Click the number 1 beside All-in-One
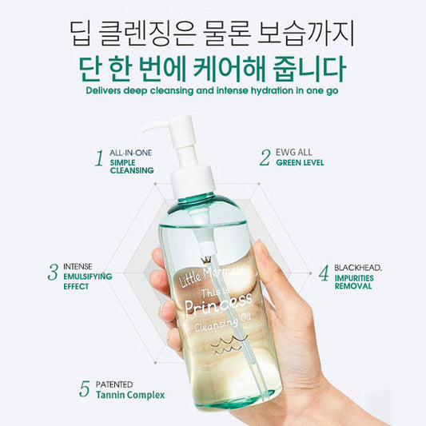pos(99,158)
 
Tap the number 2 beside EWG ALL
pos(265,157)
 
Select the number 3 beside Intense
pos(52,272)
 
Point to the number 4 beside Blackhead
pos(324,273)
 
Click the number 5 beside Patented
pos(85,389)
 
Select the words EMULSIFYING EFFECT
pos(88,280)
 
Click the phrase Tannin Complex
pos(132,395)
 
